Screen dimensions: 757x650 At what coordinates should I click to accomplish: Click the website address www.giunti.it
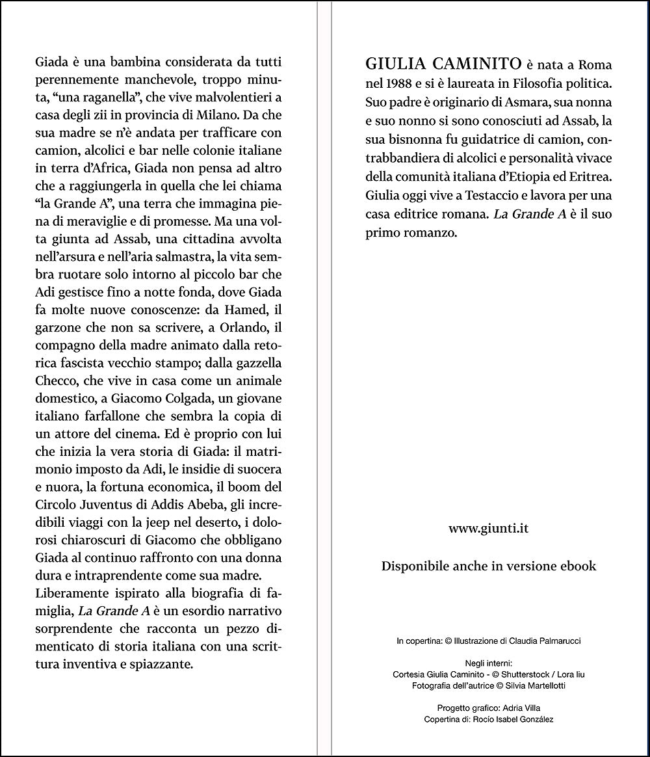point(488,529)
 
